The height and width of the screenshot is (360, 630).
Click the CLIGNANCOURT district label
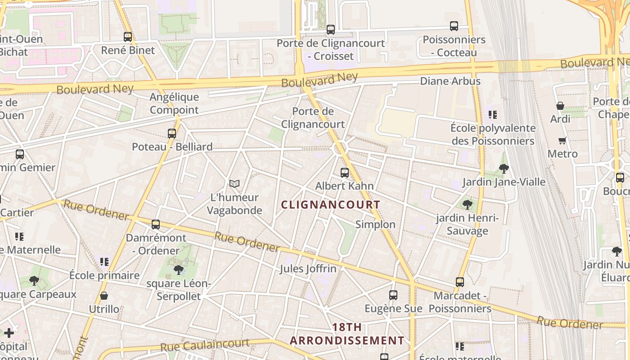coord(331,205)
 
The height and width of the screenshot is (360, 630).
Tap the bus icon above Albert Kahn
coord(345,172)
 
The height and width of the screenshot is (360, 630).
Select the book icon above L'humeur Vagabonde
coord(234,184)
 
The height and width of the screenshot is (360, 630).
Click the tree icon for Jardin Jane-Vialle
coord(504,169)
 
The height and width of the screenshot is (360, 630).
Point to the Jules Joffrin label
coord(308,269)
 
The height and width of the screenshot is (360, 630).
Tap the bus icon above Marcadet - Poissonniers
coord(459,282)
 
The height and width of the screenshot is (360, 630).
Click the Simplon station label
coord(375,225)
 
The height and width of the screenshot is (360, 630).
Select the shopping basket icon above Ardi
coord(560,106)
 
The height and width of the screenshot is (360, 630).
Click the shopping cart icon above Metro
coord(562,140)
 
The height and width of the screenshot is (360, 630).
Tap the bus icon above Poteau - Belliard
coord(172,133)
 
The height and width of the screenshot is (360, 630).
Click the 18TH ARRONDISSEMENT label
coord(347,334)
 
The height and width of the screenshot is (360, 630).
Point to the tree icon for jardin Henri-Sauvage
coord(468,205)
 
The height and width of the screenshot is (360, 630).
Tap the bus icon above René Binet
coord(128,37)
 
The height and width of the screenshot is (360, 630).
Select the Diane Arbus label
coord(450,81)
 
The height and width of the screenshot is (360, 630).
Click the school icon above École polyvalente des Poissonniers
coord(493,115)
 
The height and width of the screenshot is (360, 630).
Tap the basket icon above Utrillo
coord(104,296)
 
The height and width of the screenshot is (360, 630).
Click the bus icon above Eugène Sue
coord(393,295)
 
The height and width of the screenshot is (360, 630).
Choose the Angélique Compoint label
coord(174,103)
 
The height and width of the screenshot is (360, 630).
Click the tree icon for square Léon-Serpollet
coord(179,270)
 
